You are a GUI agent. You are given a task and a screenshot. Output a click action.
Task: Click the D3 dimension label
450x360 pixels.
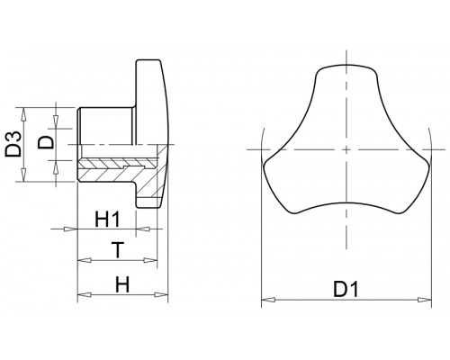pos(13,144)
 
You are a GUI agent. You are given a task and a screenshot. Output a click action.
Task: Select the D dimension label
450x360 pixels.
pos(46,142)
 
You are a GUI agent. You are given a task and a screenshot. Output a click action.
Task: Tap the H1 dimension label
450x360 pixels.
pos(107,220)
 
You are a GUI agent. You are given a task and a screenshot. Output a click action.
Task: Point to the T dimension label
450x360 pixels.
pos(118,250)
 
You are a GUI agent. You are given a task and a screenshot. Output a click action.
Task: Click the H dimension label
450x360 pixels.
pos(122,284)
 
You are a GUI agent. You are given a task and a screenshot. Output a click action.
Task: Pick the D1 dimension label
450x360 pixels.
pos(346,290)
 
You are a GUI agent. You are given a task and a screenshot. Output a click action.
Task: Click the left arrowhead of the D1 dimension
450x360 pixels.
pos(268,300)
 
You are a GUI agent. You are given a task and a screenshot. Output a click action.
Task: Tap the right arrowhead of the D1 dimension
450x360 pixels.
pos(425,300)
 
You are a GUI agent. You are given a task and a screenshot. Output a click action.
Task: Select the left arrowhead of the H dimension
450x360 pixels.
pos(85,294)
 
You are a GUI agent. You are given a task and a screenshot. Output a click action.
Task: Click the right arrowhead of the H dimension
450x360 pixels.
pos(161,294)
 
